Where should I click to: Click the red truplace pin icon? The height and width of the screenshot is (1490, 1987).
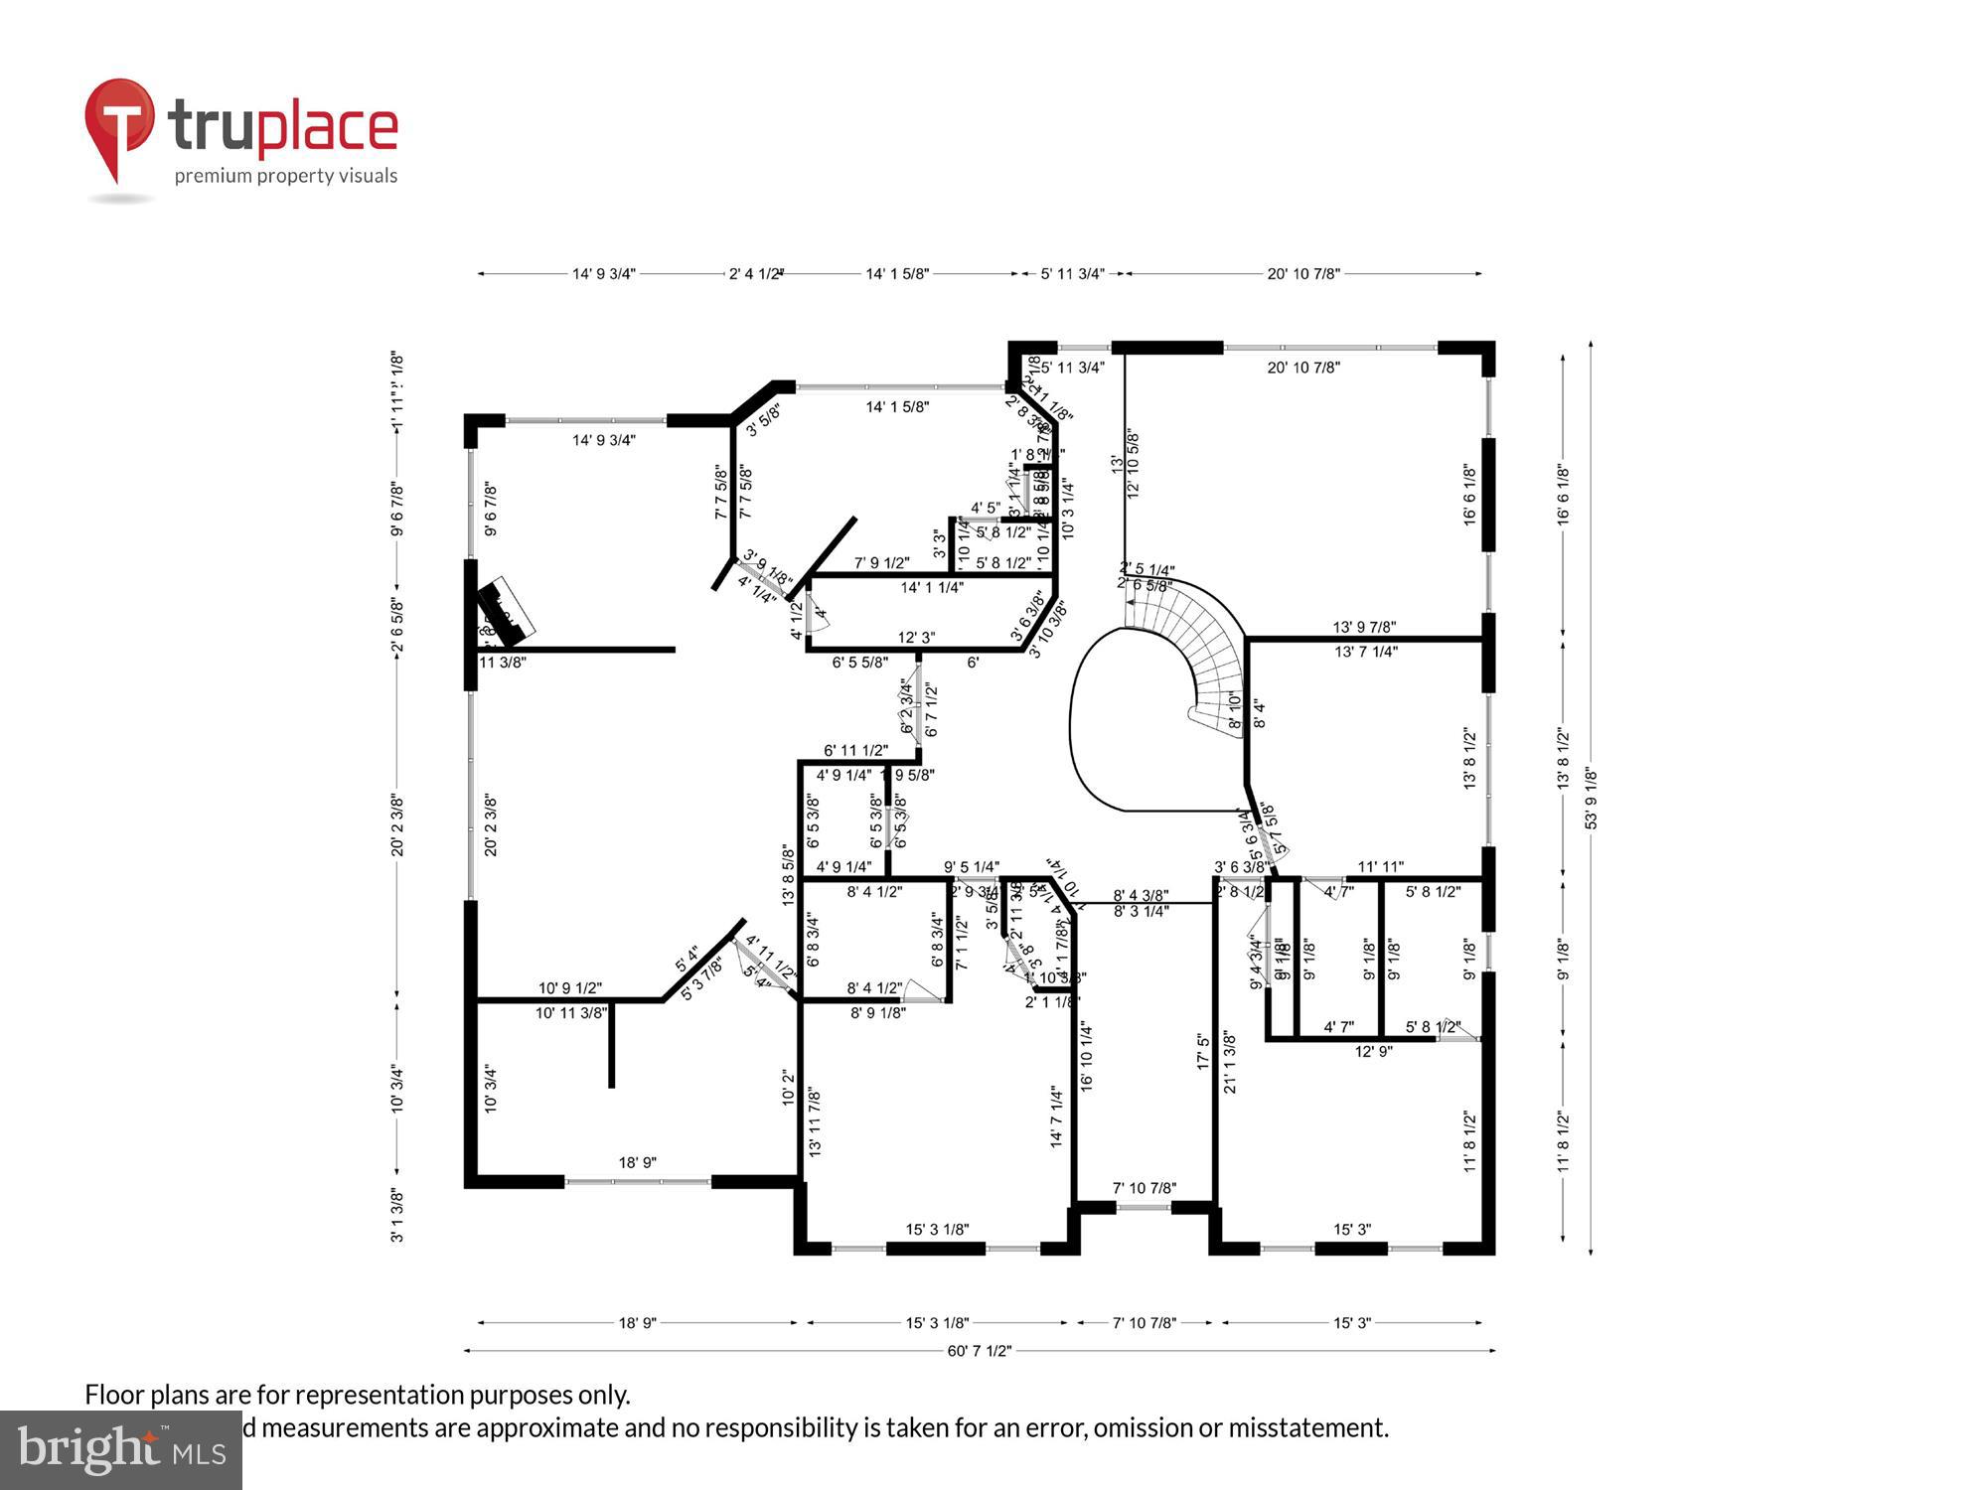[119, 124]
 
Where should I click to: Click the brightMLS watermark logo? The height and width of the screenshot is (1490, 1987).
[119, 1450]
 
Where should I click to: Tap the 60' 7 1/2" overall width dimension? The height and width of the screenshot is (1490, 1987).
[979, 1351]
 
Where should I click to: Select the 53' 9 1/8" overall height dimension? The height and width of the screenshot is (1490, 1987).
[1591, 798]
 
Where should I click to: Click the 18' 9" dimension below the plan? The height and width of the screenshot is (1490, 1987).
[637, 1323]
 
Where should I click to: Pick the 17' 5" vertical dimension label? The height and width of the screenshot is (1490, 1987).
[1203, 1051]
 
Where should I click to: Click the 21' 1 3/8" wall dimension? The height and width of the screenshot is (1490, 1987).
[1230, 1063]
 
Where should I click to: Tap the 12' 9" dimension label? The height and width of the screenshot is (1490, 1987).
[1373, 1051]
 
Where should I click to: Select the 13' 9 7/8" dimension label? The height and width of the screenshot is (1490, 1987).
[1364, 627]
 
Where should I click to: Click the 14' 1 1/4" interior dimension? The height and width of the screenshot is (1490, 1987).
[932, 587]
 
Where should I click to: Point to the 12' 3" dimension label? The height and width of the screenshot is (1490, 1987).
[916, 638]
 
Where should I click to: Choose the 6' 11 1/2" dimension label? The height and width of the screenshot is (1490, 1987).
[855, 751]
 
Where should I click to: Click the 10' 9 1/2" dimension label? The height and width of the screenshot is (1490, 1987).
[570, 988]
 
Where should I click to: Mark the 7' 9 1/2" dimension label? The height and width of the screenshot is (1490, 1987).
[881, 563]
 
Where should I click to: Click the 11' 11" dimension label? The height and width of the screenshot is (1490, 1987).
[1380, 867]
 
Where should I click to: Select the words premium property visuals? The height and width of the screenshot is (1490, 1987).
[286, 177]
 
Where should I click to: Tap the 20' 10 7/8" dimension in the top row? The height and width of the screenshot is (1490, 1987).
[1303, 274]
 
